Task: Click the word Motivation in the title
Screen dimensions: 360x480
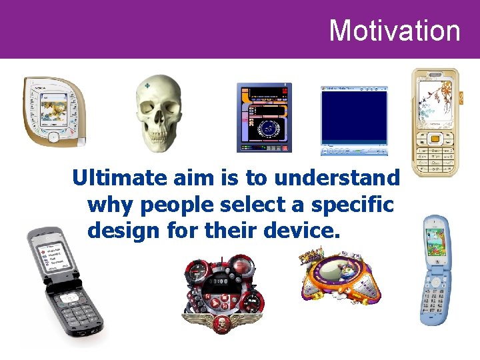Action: (x=395, y=31)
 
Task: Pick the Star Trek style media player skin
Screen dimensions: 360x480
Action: (x=264, y=118)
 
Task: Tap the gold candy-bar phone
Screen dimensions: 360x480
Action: (x=435, y=123)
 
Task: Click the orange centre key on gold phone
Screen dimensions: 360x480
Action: (x=435, y=139)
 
